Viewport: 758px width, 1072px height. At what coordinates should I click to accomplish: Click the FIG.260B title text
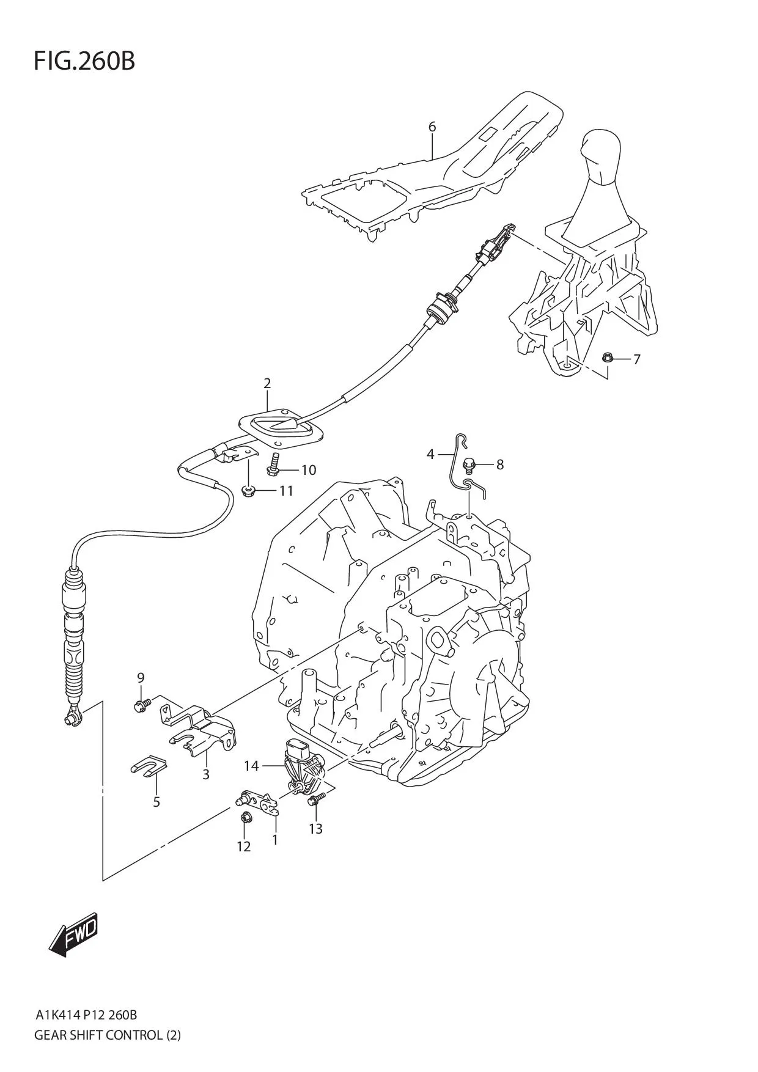click(84, 61)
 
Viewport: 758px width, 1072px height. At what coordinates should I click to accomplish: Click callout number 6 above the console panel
click(432, 127)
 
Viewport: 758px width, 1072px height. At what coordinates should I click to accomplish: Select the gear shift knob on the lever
click(602, 154)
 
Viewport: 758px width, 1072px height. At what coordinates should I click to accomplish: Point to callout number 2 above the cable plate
click(267, 384)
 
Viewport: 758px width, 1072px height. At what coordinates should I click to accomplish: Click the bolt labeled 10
click(273, 468)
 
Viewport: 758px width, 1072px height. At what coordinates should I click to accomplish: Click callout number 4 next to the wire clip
click(430, 454)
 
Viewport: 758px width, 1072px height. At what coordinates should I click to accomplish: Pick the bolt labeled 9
click(139, 706)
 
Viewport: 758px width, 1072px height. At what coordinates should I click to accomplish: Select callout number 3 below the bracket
click(206, 775)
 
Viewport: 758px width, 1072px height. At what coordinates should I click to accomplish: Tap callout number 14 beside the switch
click(251, 766)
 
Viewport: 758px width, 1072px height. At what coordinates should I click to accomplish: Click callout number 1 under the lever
click(275, 840)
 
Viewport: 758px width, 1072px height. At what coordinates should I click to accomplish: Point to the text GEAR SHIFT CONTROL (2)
click(108, 1035)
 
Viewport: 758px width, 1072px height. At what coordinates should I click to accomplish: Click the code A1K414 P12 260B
click(86, 1016)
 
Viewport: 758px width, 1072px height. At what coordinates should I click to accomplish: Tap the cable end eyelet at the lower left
click(71, 719)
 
